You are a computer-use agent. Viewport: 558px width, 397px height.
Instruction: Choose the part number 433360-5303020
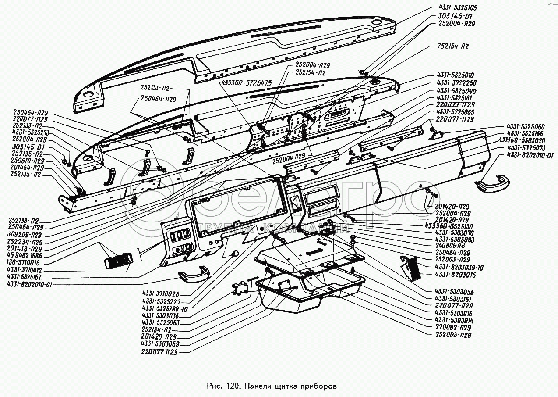(x=528, y=140)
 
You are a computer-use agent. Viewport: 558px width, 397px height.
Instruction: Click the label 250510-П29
(x=28, y=161)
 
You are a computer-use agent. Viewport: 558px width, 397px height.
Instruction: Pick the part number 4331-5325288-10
(x=165, y=308)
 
